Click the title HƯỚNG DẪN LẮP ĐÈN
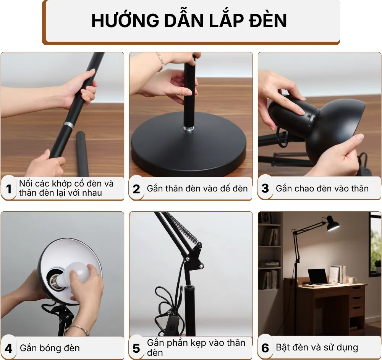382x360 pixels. (189, 21)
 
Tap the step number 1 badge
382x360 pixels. (9, 189)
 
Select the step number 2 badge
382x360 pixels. (136, 189)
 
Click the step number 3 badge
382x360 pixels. (265, 189)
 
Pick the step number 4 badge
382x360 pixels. (9, 348)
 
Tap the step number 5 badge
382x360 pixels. (136, 348)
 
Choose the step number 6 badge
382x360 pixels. (265, 348)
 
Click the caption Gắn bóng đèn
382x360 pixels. (50, 348)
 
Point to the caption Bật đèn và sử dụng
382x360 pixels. (317, 347)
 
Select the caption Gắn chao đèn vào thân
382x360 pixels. (322, 188)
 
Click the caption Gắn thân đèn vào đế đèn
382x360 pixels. (197, 188)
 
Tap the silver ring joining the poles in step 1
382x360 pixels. (68, 125)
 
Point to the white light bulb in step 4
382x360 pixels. (78, 272)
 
